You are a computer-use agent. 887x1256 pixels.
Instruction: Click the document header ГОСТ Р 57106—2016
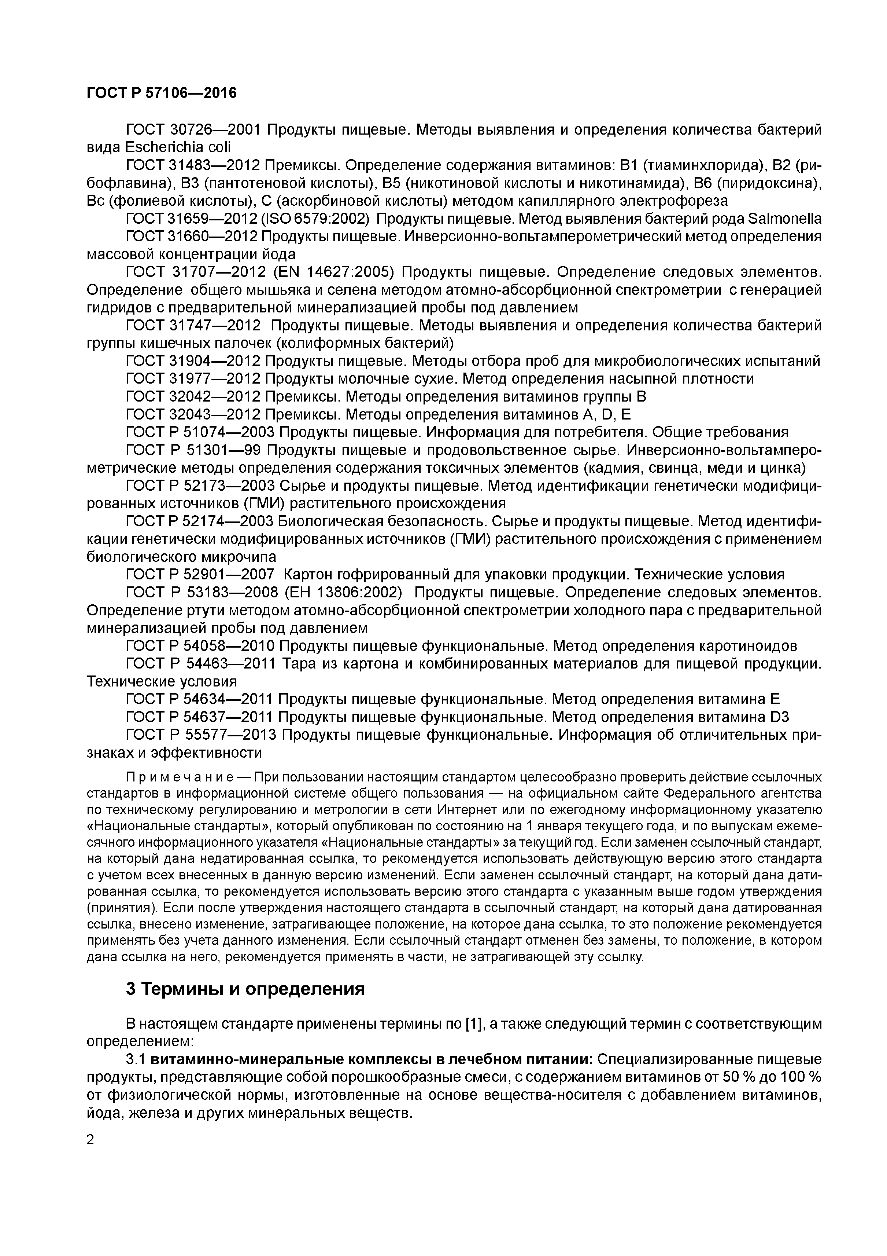[162, 93]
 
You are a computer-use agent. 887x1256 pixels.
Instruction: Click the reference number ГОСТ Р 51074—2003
[200, 432]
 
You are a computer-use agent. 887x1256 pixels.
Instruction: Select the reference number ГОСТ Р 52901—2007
[200, 574]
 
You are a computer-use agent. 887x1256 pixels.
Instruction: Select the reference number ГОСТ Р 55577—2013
[200, 735]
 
